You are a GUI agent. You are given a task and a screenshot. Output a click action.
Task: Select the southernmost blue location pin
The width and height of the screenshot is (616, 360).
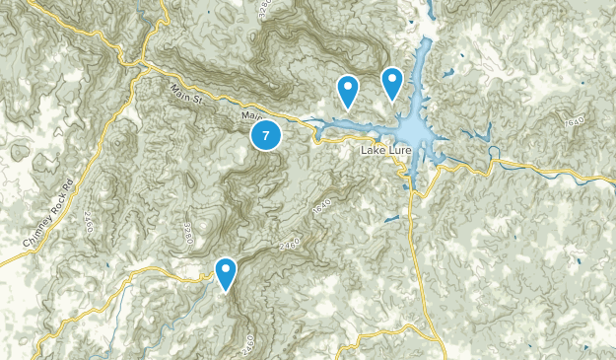point(227,273)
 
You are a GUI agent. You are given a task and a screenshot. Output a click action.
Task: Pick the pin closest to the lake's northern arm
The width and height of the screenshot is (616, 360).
point(392,83)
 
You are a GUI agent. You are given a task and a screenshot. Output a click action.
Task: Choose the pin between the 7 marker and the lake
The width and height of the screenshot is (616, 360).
point(347,92)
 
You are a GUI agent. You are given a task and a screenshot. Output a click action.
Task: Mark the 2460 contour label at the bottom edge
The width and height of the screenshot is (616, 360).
point(246,345)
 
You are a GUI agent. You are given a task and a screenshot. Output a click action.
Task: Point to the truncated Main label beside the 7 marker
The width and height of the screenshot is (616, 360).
point(247,117)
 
